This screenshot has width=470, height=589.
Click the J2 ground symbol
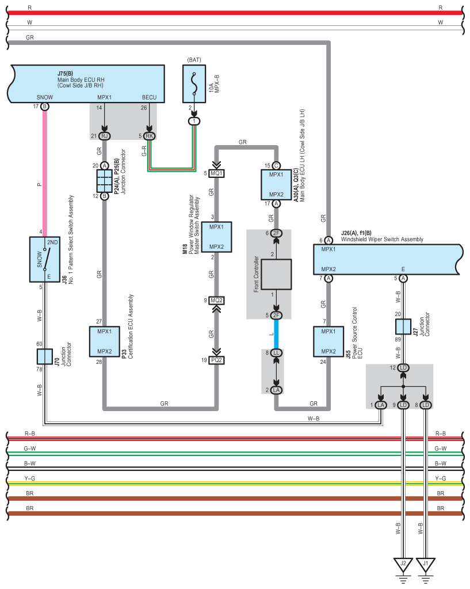click(403, 564)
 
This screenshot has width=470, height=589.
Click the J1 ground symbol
click(426, 564)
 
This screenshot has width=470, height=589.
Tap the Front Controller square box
click(277, 273)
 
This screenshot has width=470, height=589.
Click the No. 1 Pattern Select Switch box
click(45, 259)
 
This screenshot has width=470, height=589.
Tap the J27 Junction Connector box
click(403, 327)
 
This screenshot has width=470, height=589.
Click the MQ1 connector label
click(217, 173)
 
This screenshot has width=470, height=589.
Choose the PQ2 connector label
click(217, 360)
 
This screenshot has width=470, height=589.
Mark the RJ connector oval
click(104, 136)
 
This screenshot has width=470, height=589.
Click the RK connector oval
click(149, 136)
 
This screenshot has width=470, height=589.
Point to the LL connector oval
click(277, 352)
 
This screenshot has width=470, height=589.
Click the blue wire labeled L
click(277, 334)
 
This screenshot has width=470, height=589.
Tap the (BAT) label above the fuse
click(194, 59)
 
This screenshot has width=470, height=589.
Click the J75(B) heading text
click(65, 74)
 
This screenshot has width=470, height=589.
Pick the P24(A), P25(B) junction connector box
click(104, 180)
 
